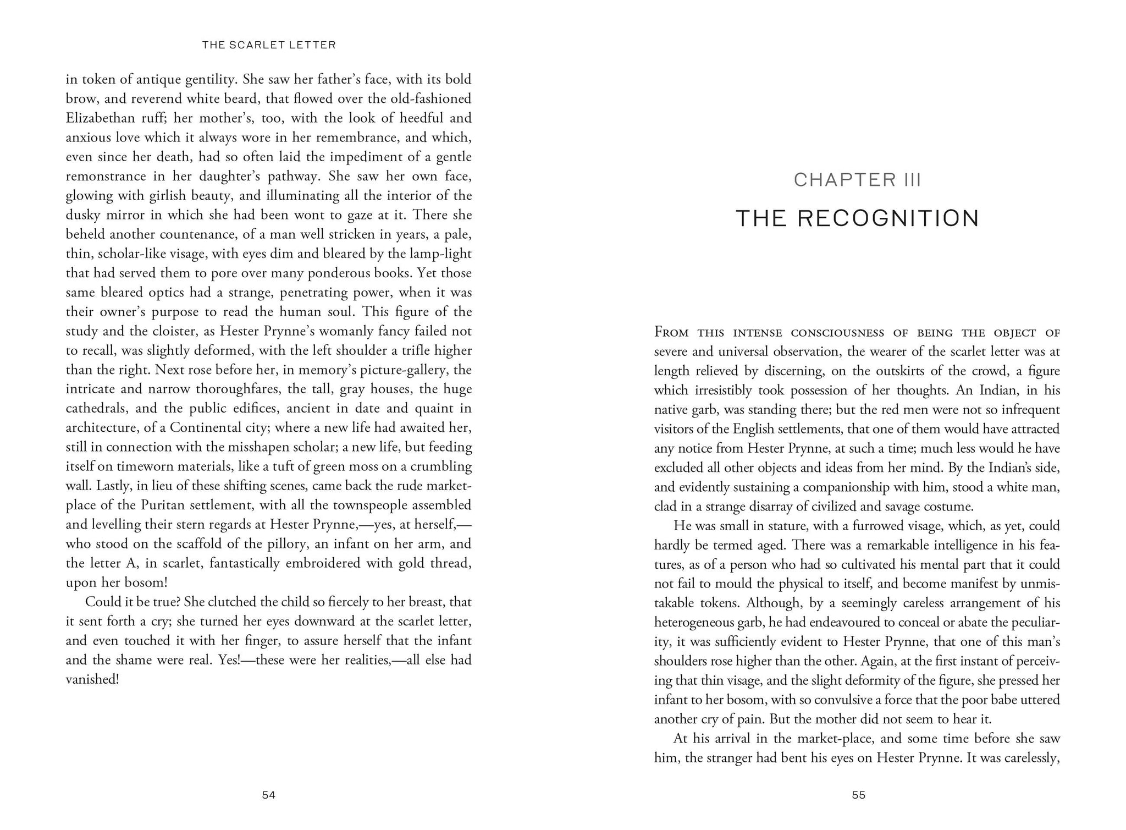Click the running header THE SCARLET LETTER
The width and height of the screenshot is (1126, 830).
tap(269, 45)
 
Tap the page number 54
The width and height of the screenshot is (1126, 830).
tap(268, 795)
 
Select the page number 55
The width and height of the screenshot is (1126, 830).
tap(858, 795)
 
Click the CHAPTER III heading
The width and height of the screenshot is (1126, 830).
tap(857, 180)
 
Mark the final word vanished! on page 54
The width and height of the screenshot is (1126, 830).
tap(92, 679)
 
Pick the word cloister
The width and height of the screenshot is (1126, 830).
tap(179, 331)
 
